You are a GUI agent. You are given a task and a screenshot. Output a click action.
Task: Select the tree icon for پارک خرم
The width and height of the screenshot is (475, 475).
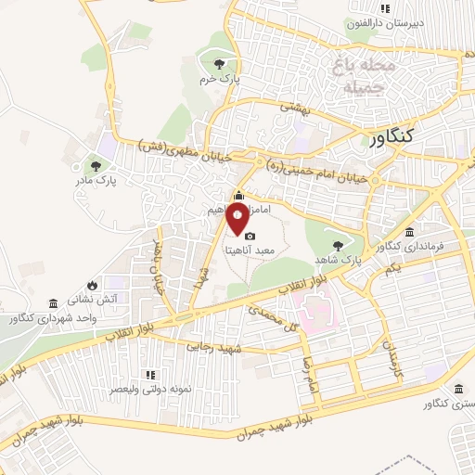point(218,63)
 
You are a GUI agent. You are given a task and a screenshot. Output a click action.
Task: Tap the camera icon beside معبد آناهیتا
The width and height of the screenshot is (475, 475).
point(249,237)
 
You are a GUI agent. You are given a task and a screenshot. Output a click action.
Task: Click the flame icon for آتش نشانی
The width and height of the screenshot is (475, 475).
point(93,284)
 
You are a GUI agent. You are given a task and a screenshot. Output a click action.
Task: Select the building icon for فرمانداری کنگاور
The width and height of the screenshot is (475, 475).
point(410,232)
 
